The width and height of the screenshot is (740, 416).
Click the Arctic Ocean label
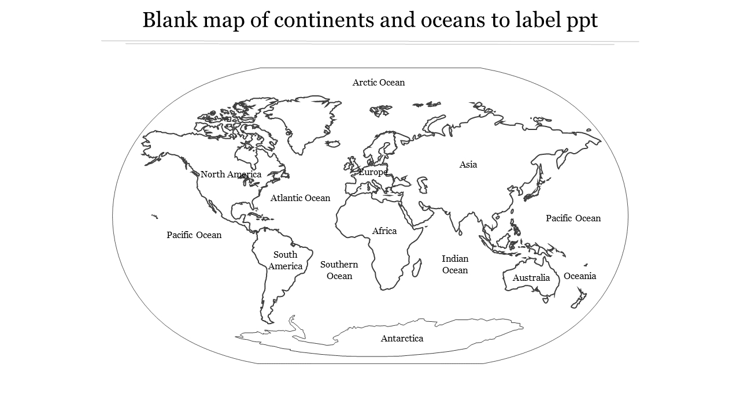[379, 83]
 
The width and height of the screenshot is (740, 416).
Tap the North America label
[231, 174]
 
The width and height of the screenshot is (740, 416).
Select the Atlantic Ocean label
[300, 198]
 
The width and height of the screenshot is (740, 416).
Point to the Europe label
[373, 172]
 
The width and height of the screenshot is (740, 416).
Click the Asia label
[468, 165]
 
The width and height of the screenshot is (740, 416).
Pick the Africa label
[384, 231]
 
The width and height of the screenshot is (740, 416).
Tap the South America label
[285, 261]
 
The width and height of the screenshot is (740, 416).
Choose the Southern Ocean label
[339, 270]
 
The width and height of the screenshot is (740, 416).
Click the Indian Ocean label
[455, 264]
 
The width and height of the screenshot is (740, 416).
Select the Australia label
[531, 278]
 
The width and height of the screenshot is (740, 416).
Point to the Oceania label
[580, 276]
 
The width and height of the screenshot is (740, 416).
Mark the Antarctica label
[402, 339]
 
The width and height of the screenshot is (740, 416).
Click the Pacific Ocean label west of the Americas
[194, 235]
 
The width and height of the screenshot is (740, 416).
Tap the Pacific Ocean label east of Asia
[573, 218]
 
